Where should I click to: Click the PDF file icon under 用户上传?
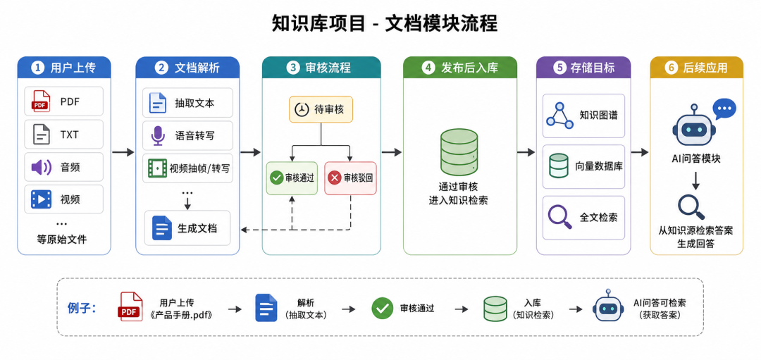42,101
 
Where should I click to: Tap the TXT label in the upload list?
69,135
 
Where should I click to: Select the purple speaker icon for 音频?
42,168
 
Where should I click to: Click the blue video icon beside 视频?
42,199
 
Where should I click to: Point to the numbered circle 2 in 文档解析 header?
161,68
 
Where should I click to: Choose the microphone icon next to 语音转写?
158,135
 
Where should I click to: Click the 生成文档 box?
188,228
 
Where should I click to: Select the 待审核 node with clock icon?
321,109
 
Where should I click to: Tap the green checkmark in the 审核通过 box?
277,178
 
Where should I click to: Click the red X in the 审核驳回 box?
335,178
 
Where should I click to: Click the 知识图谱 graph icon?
559,116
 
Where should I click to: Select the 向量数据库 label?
599,166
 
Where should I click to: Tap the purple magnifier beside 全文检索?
559,217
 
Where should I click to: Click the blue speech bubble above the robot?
724,108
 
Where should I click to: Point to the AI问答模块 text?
696,159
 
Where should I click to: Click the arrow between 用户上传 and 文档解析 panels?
123,152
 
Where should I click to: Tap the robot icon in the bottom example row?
608,306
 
